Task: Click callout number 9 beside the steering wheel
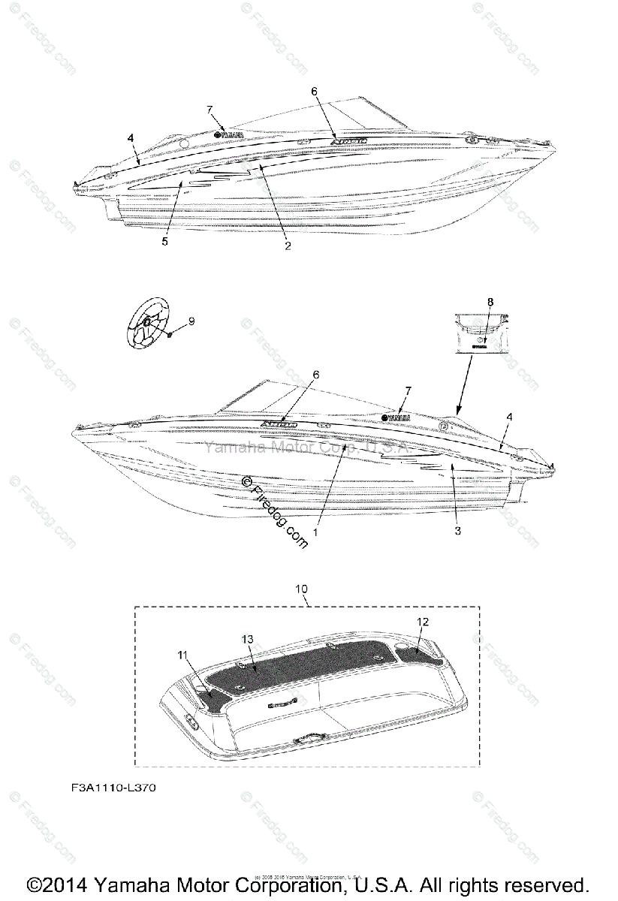point(191,321)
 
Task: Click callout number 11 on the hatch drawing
point(182,655)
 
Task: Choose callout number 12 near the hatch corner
point(423,621)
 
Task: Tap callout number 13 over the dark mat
point(248,638)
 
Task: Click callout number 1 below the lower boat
point(316,531)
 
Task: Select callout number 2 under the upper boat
point(287,246)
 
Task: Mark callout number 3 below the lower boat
point(457,530)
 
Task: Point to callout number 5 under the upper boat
point(164,242)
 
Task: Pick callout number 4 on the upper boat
point(131,138)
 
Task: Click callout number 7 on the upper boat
point(210,110)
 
